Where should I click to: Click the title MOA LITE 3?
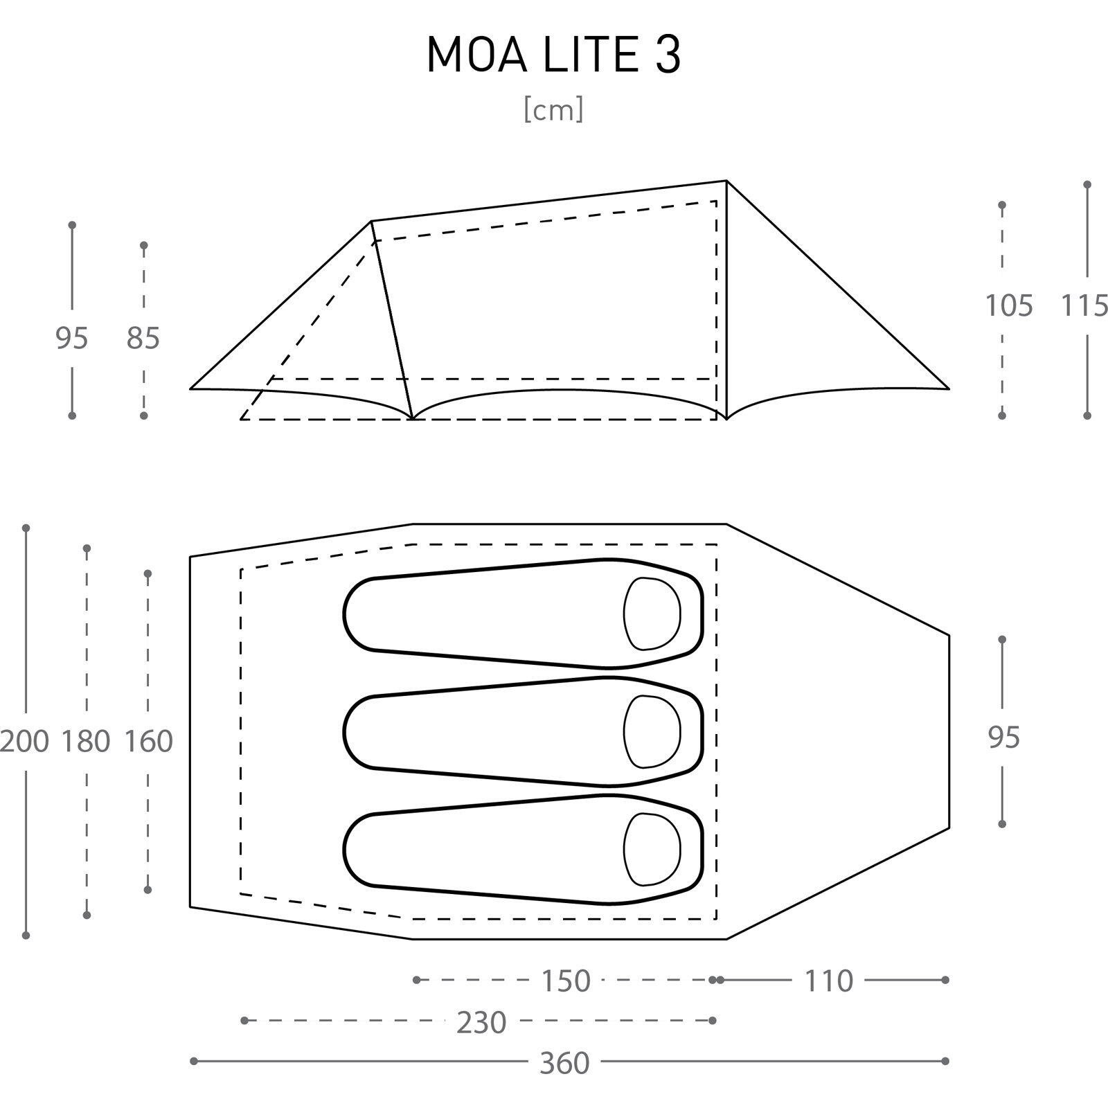[x=554, y=54]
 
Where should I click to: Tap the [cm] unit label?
[x=553, y=109]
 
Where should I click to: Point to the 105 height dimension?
[x=1009, y=305]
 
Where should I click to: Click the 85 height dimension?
[x=143, y=339]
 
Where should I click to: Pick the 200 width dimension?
[x=25, y=741]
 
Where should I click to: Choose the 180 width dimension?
[x=86, y=741]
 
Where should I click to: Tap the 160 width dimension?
[x=148, y=741]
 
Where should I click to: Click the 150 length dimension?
[x=566, y=981]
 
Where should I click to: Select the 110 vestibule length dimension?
[x=829, y=981]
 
